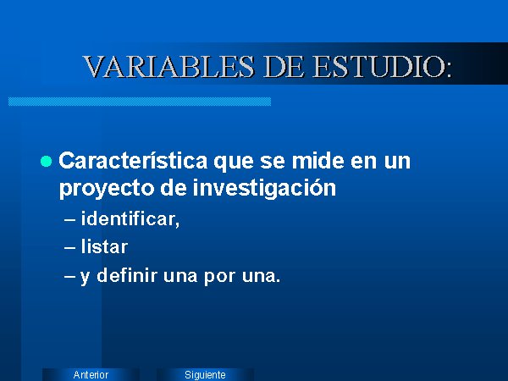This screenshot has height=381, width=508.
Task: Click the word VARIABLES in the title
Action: click(x=168, y=67)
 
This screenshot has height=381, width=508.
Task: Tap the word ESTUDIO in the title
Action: click(x=378, y=67)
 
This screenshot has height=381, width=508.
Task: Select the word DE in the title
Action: click(x=284, y=67)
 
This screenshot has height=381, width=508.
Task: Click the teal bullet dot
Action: click(x=46, y=161)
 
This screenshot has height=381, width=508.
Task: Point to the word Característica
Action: click(x=133, y=161)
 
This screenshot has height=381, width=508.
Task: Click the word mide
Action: click(x=317, y=161)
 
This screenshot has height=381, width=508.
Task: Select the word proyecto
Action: click(x=107, y=189)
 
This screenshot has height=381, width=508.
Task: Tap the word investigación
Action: click(x=264, y=188)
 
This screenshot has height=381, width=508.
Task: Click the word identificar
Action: click(x=129, y=218)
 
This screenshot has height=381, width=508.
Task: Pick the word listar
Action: click(x=104, y=247)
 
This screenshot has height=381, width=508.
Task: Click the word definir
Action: click(x=127, y=276)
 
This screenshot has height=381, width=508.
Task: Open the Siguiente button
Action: click(x=205, y=374)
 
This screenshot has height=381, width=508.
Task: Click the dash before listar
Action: click(x=69, y=248)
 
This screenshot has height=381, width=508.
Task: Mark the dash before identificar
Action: click(x=69, y=219)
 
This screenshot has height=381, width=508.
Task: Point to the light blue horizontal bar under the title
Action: click(x=140, y=102)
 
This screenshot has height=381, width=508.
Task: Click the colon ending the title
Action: click(x=449, y=69)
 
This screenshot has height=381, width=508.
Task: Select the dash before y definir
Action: click(x=69, y=277)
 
